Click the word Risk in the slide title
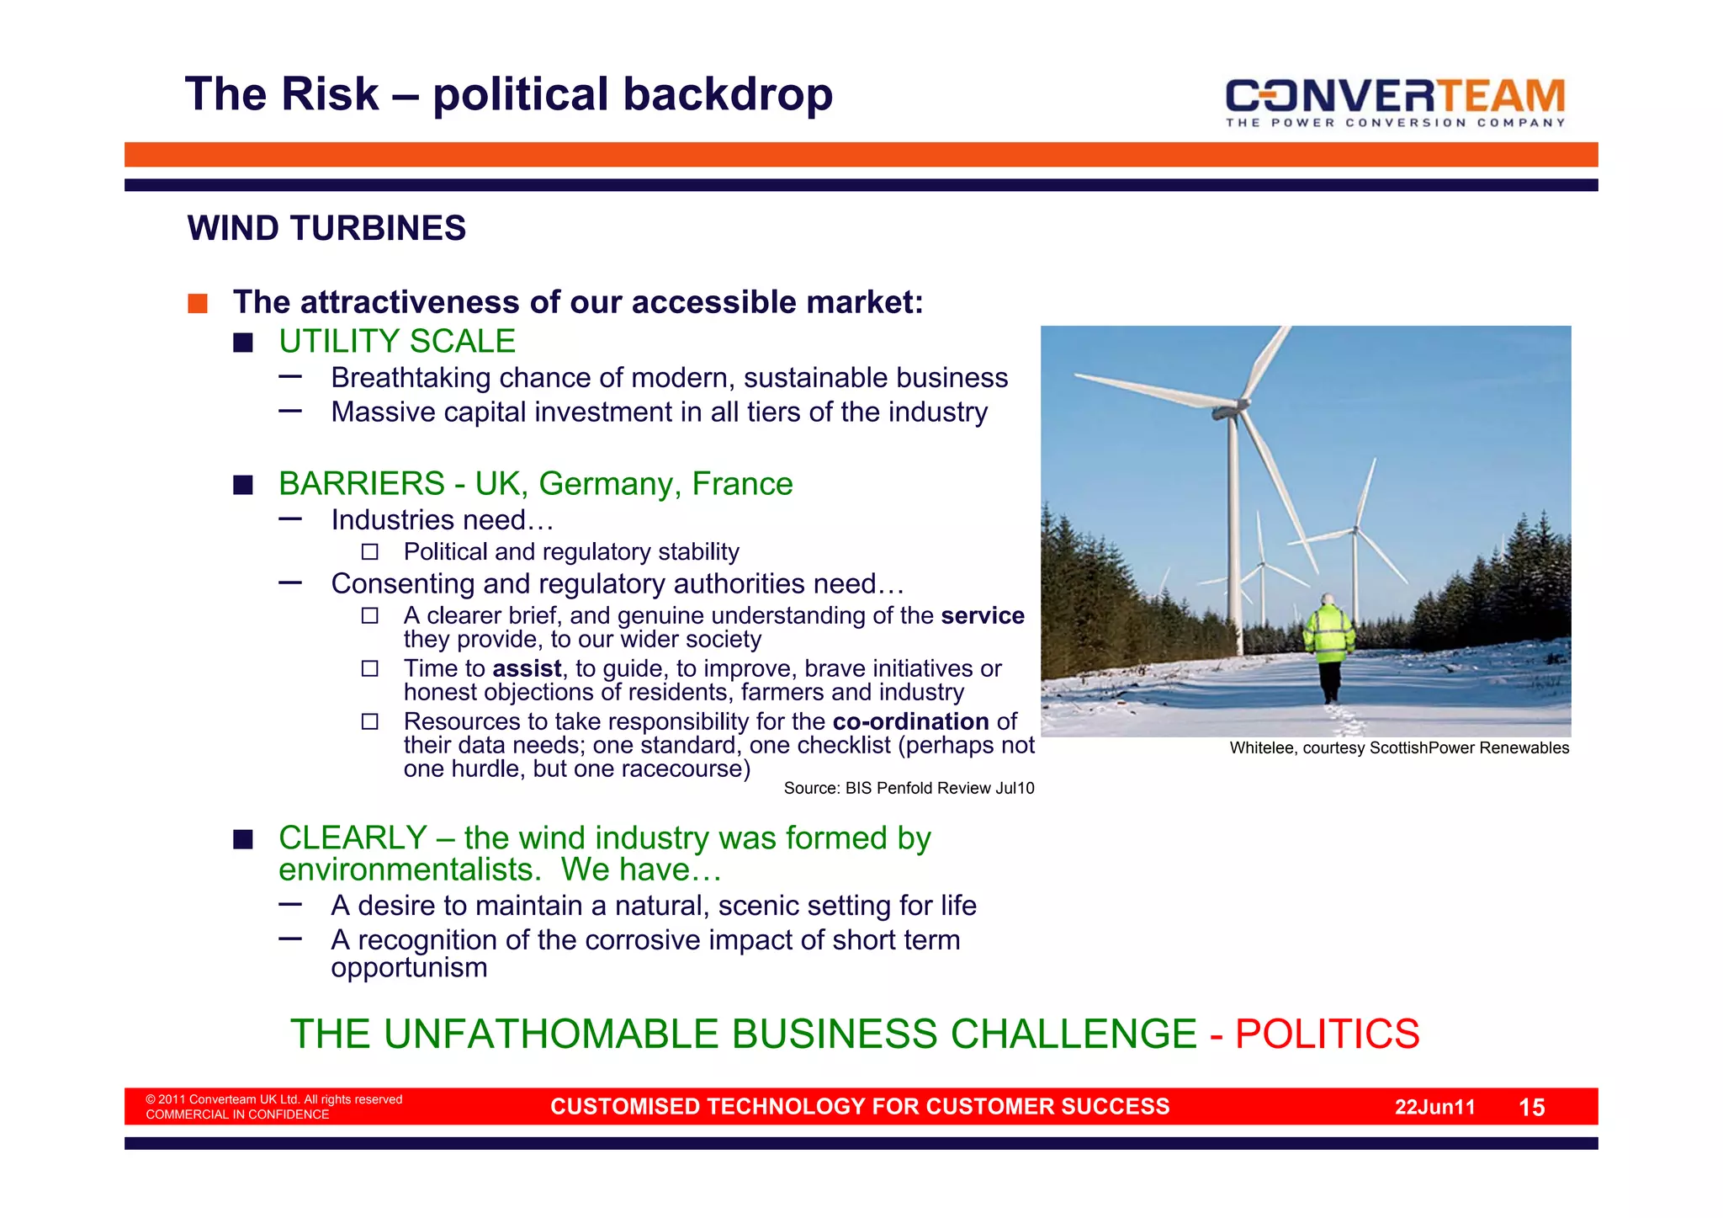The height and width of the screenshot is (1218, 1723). coord(331,94)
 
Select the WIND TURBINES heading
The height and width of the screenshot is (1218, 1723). coord(326,228)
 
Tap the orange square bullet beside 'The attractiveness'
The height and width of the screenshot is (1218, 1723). coord(198,303)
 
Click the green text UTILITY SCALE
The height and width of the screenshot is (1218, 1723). coord(397,341)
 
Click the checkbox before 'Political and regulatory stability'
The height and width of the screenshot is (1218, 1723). coord(370,552)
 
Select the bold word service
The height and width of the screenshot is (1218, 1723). coord(982,615)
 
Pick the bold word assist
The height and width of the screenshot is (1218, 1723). coord(527,668)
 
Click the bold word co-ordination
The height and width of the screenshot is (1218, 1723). coord(910,721)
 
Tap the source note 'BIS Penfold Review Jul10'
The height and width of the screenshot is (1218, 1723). coord(909,788)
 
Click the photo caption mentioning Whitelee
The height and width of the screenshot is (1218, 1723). coord(1398,747)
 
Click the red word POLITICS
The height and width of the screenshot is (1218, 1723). coord(1327,1034)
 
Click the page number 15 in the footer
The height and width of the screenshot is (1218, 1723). coord(1531,1107)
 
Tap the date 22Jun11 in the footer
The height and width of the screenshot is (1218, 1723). coord(1434,1107)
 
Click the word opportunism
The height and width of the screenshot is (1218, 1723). coord(409,968)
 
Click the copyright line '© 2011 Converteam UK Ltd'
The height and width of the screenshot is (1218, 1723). coord(273,1099)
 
